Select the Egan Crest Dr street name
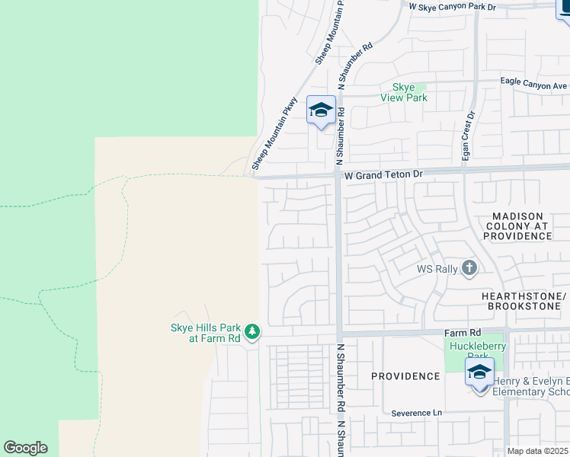pos(469,136)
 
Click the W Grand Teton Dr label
pos(383,175)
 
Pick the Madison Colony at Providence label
pos(517,226)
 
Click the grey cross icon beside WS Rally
pos(469,268)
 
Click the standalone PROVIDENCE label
pos(405,376)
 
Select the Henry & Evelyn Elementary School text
pos(530,387)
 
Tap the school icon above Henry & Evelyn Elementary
pos(479,372)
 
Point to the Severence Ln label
pos(417,414)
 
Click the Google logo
pos(24,448)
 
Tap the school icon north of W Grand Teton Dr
pos(321,110)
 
